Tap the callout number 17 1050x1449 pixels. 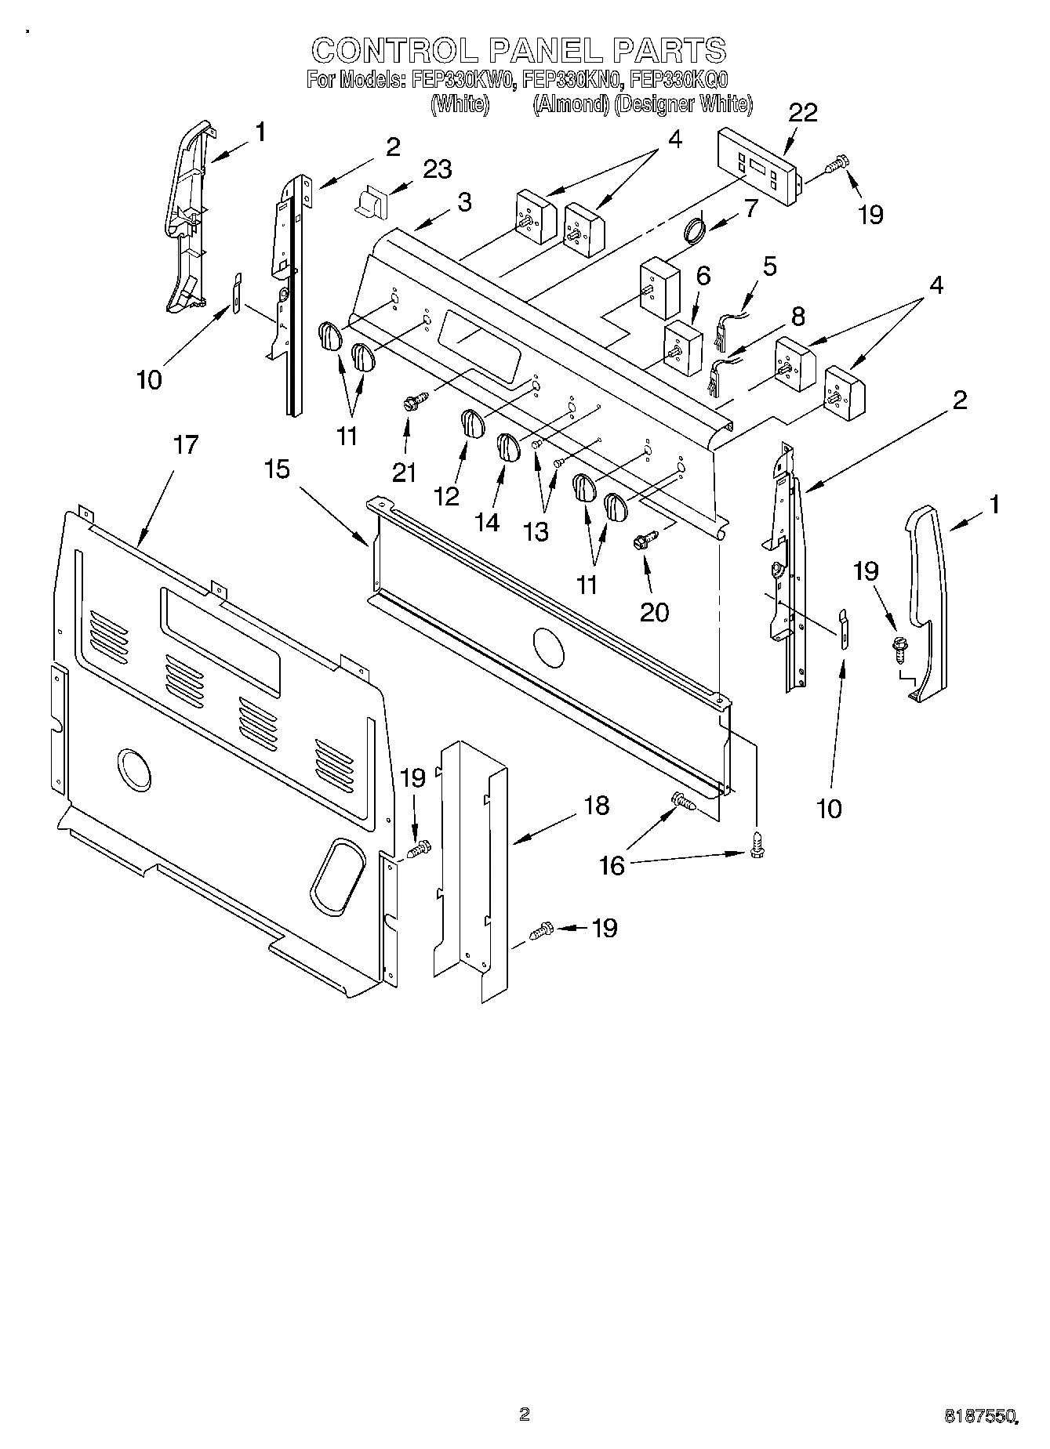[x=185, y=446]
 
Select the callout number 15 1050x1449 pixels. [x=277, y=469]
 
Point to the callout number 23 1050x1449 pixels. [x=438, y=169]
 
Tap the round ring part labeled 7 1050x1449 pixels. [x=693, y=231]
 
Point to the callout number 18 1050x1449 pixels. [x=597, y=806]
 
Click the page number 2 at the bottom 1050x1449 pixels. [x=524, y=1392]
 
